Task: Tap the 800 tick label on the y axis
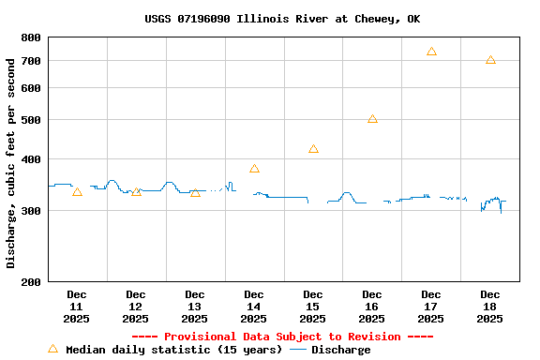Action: (31, 37)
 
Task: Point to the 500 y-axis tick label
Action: (31, 120)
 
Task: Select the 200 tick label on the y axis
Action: (31, 281)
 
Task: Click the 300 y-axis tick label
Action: (31, 211)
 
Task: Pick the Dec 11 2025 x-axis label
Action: (77, 307)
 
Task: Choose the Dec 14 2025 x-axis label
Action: (254, 307)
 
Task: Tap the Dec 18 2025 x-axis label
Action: (490, 307)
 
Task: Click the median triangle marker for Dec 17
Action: (431, 52)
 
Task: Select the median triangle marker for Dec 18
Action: (490, 60)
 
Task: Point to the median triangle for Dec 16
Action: (372, 119)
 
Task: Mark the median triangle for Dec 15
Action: (313, 149)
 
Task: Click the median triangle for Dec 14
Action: (254, 169)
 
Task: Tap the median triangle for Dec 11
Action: (77, 192)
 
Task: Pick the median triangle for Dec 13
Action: (195, 192)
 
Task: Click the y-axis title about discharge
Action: (11, 162)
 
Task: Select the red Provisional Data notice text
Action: (282, 337)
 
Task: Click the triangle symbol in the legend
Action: (52, 349)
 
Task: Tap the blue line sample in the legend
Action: (298, 350)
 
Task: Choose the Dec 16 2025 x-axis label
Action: (372, 307)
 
